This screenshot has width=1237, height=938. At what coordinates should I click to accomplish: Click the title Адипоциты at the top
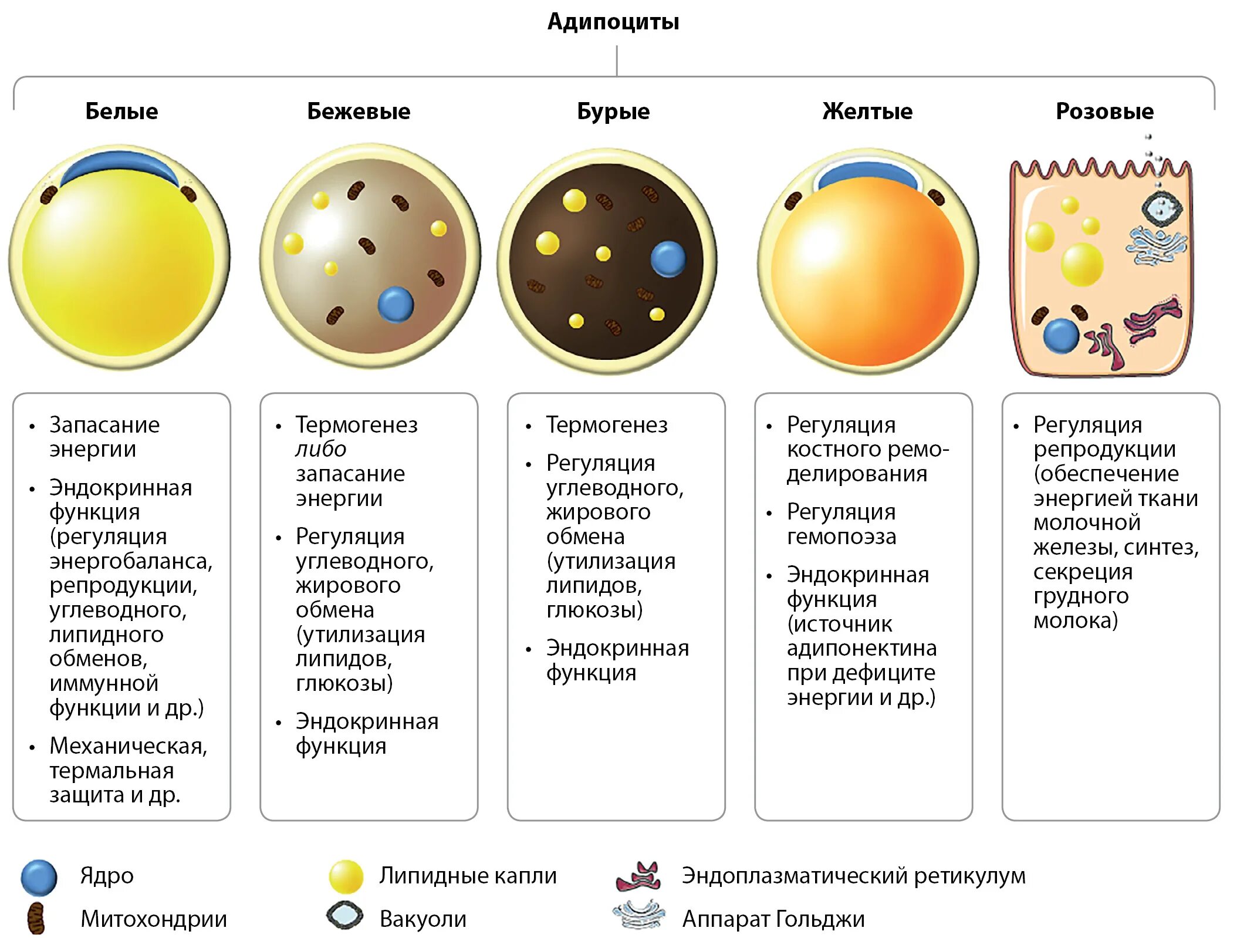coord(613,22)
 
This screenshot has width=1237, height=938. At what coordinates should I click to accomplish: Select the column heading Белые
coord(121,111)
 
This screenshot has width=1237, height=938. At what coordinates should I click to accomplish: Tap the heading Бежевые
coord(359,111)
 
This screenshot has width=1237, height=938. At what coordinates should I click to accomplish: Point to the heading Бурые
coord(613,111)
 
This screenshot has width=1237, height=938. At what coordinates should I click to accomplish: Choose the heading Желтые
coord(867,111)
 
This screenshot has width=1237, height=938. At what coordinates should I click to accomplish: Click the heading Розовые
coord(1104,111)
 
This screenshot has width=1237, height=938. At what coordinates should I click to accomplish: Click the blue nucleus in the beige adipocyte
coord(396,304)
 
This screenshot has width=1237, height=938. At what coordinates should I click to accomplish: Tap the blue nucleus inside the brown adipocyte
coord(668,258)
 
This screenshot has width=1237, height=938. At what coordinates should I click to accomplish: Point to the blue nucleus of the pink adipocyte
coord(1061,335)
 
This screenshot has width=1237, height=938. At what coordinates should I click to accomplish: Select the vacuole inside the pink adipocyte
coord(1161,207)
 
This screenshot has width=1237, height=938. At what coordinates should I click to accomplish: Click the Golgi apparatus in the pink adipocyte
coord(1155,245)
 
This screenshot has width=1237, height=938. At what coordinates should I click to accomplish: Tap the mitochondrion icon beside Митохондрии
coord(36,919)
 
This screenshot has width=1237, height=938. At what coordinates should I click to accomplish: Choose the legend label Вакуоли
coord(423,919)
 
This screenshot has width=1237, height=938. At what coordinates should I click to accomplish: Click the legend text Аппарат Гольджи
coord(773,919)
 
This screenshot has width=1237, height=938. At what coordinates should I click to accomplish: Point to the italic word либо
coord(320,449)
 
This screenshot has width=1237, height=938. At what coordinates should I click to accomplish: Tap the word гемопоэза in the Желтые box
coord(841,537)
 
